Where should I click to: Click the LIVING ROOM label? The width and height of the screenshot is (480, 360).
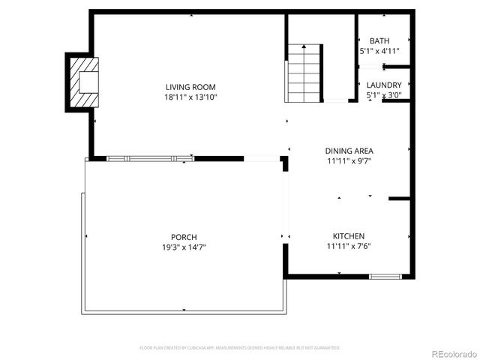tap(190, 86)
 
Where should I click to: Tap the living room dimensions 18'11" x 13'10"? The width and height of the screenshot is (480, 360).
tap(190, 97)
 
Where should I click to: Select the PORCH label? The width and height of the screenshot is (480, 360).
tap(184, 237)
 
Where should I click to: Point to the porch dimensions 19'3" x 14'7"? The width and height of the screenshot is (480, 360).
tap(184, 247)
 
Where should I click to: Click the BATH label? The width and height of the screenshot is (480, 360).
tap(379, 41)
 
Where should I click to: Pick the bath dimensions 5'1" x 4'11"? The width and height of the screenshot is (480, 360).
tap(379, 51)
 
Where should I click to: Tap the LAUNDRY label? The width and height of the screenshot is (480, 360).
tap(384, 85)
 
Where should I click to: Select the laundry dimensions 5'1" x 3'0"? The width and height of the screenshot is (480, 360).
tap(384, 95)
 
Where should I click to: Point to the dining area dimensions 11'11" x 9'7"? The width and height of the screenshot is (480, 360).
tap(349, 160)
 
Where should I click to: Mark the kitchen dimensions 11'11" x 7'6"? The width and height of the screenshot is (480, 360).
tap(349, 245)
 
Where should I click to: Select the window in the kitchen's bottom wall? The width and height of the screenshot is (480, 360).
tap(385, 277)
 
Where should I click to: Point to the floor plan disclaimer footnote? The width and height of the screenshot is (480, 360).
tap(240, 347)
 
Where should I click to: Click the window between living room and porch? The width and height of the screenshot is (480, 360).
tap(150, 158)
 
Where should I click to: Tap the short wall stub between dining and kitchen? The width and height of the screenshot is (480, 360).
tap(399, 199)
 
